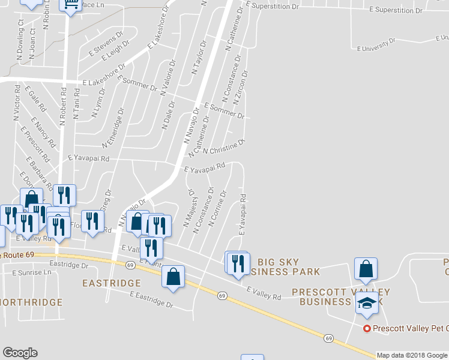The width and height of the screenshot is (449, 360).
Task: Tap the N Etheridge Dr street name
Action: pyautogui.click(x=113, y=128)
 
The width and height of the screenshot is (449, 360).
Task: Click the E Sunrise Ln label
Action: pyautogui.click(x=32, y=272)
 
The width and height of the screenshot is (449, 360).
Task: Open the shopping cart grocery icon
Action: pyautogui.click(x=70, y=6)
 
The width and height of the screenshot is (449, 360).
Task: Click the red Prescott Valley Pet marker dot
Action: pyautogui.click(x=366, y=328)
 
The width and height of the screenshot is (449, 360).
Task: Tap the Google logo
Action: pyautogui.click(x=20, y=352)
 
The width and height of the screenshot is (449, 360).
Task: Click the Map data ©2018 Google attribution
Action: pyautogui.click(x=412, y=355)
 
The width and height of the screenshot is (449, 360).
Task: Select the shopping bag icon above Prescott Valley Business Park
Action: pyautogui.click(x=366, y=270)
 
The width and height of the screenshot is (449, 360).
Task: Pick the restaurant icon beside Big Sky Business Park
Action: pyautogui.click(x=240, y=263)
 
